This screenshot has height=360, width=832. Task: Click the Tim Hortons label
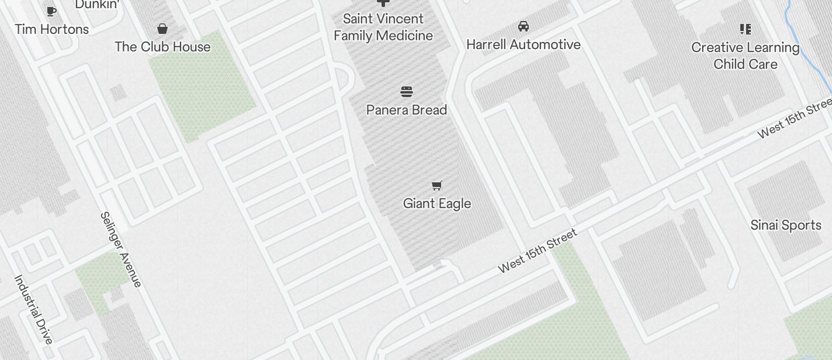click(x=52, y=29)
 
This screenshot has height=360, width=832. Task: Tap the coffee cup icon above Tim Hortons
click(x=51, y=11)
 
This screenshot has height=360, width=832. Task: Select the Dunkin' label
click(x=98, y=5)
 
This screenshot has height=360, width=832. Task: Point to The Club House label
click(x=162, y=47)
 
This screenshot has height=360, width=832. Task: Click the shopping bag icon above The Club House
click(x=162, y=29)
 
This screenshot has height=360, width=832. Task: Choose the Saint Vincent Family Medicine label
click(x=383, y=27)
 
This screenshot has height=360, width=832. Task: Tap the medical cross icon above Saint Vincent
click(x=383, y=3)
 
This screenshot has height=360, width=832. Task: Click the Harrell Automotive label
click(x=524, y=44)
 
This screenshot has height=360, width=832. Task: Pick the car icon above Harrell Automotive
click(x=524, y=26)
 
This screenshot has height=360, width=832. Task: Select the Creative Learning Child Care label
click(x=746, y=56)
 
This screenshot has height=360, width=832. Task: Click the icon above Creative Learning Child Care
click(x=746, y=29)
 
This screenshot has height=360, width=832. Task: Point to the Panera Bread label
click(x=407, y=110)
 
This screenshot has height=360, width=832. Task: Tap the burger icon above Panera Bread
click(x=407, y=92)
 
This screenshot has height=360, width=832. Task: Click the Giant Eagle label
click(x=437, y=203)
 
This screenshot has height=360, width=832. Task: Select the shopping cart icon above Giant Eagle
click(x=437, y=185)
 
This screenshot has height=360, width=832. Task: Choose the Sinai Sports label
click(x=786, y=225)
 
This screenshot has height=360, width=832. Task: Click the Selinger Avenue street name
click(x=121, y=250)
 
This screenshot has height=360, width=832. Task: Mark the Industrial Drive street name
click(x=34, y=309)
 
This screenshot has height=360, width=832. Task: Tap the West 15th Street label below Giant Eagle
click(x=538, y=251)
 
